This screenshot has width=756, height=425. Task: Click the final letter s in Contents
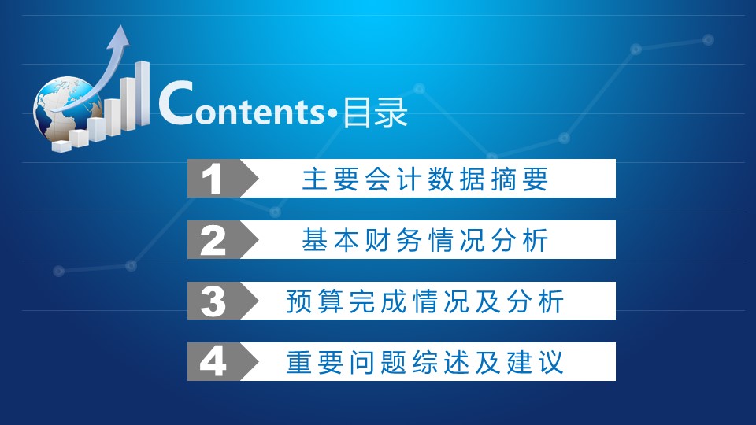tap(317, 115)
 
